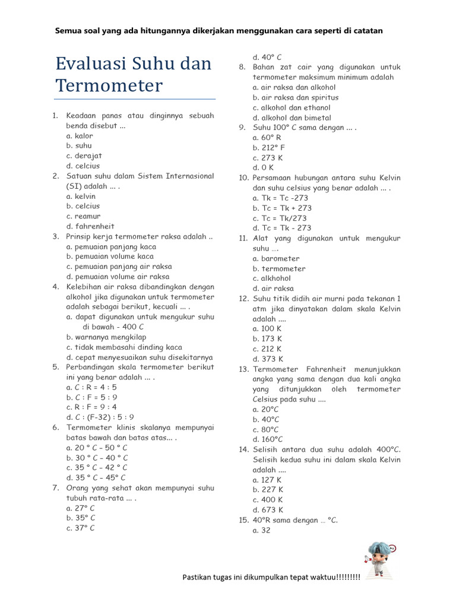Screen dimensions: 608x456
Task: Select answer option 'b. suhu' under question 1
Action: point(75,145)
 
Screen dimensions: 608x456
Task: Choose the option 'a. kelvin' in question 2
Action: point(81,196)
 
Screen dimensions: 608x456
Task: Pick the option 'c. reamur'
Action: point(83,216)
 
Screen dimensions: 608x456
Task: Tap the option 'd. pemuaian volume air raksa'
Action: point(118,276)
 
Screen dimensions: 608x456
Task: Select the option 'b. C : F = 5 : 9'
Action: point(91,397)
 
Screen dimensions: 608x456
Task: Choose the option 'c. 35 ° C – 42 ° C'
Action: point(97,467)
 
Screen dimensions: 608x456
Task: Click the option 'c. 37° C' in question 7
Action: point(80,528)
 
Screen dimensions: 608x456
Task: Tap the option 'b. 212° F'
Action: point(268,147)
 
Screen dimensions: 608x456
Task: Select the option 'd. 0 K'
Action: point(263,167)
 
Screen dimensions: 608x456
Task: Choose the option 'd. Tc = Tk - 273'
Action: point(281,228)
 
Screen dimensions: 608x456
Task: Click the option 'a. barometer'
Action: point(275,258)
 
